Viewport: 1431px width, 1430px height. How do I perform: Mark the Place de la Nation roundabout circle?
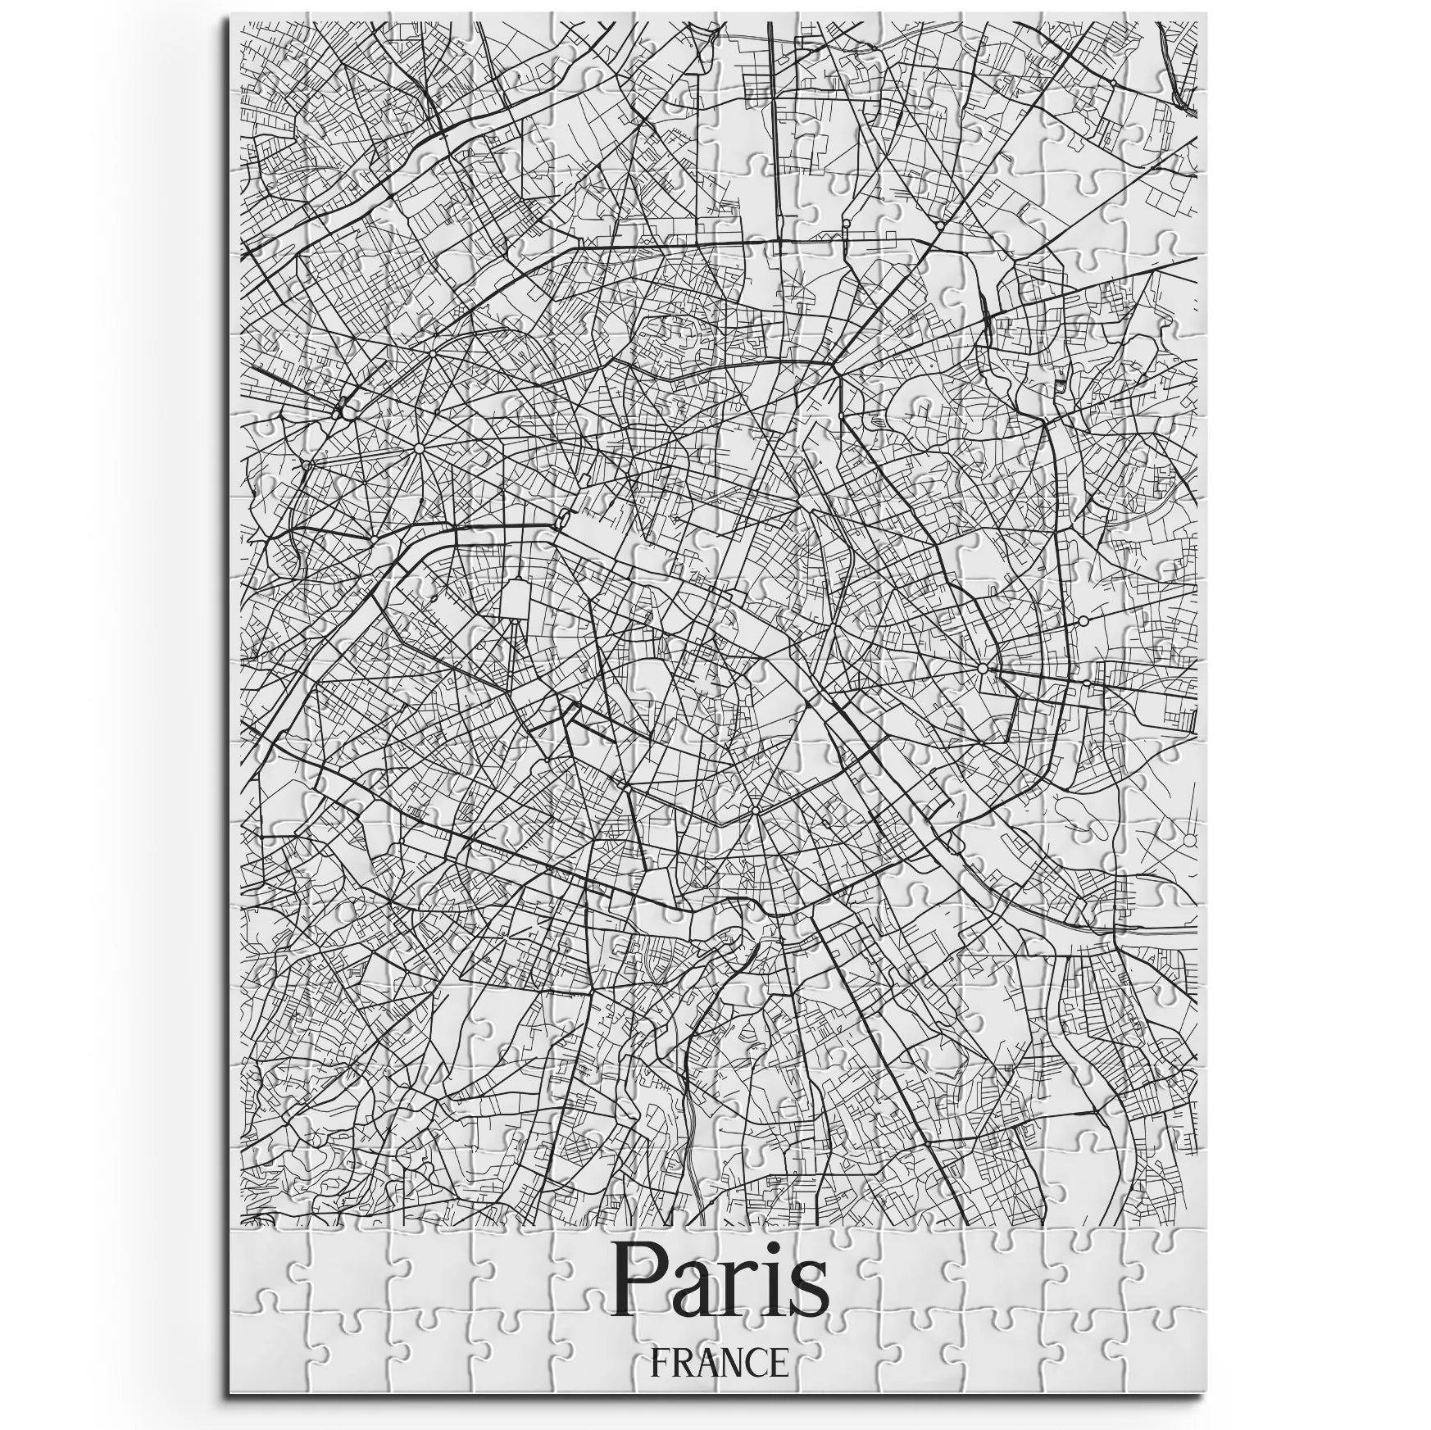click(x=982, y=670)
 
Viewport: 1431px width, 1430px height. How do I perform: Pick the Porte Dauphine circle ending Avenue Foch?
click(x=307, y=465)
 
